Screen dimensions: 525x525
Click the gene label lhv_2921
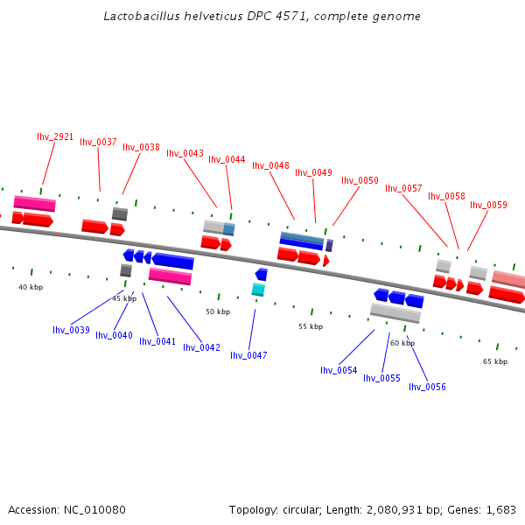pos(55,136)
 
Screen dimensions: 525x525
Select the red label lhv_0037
pos(98,142)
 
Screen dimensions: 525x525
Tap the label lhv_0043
pos(185,153)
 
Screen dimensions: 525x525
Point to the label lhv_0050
pos(360,180)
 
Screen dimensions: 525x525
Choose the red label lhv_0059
pos(488,205)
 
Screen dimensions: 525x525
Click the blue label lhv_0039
pos(71,330)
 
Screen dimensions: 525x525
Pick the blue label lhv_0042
pos(201,347)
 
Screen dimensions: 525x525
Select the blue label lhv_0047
pos(248,355)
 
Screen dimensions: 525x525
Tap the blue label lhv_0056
pos(427,387)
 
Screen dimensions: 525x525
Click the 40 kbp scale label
pos(31,287)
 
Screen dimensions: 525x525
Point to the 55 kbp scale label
pos(311,326)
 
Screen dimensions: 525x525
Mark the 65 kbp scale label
pos(495,361)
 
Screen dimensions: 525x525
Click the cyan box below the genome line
pos(258,290)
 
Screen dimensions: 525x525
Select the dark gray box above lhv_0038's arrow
pos(120,213)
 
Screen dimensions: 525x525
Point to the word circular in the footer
pos(303,509)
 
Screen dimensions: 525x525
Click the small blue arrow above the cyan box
pos(261,275)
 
